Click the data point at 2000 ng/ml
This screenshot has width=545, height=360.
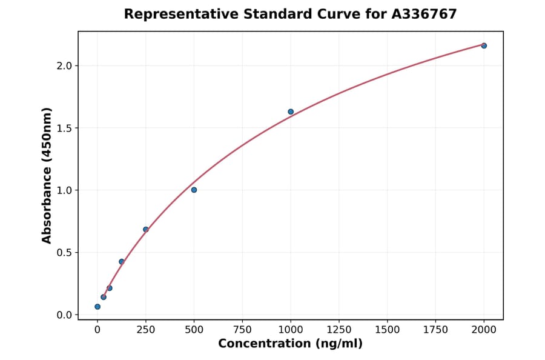pyautogui.click(x=484, y=45)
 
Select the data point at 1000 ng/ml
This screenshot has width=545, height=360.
pyautogui.click(x=291, y=112)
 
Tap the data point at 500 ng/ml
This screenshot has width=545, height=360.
pyautogui.click(x=194, y=190)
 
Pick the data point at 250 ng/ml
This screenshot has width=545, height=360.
pyautogui.click(x=146, y=229)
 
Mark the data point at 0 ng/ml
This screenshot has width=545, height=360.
pyautogui.click(x=97, y=307)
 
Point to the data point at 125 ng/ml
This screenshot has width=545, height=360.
pyautogui.click(x=122, y=262)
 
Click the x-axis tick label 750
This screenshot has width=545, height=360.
pyautogui.click(x=242, y=330)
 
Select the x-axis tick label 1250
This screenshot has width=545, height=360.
pyautogui.click(x=339, y=330)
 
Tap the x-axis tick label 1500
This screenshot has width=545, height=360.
pyautogui.click(x=388, y=330)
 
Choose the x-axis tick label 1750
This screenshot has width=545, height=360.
pyautogui.click(x=435, y=330)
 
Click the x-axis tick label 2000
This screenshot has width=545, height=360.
pyautogui.click(x=484, y=330)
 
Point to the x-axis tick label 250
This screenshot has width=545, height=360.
pyautogui.click(x=146, y=330)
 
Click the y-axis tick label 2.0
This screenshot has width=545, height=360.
pyautogui.click(x=64, y=65)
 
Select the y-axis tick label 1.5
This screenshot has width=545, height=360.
pyautogui.click(x=64, y=128)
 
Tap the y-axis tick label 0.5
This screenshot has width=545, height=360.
pyautogui.click(x=64, y=253)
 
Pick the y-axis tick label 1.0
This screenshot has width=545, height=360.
pyautogui.click(x=64, y=190)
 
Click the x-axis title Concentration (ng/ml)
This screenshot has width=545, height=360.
pyautogui.click(x=291, y=344)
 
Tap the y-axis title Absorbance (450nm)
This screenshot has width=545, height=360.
pyautogui.click(x=47, y=175)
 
